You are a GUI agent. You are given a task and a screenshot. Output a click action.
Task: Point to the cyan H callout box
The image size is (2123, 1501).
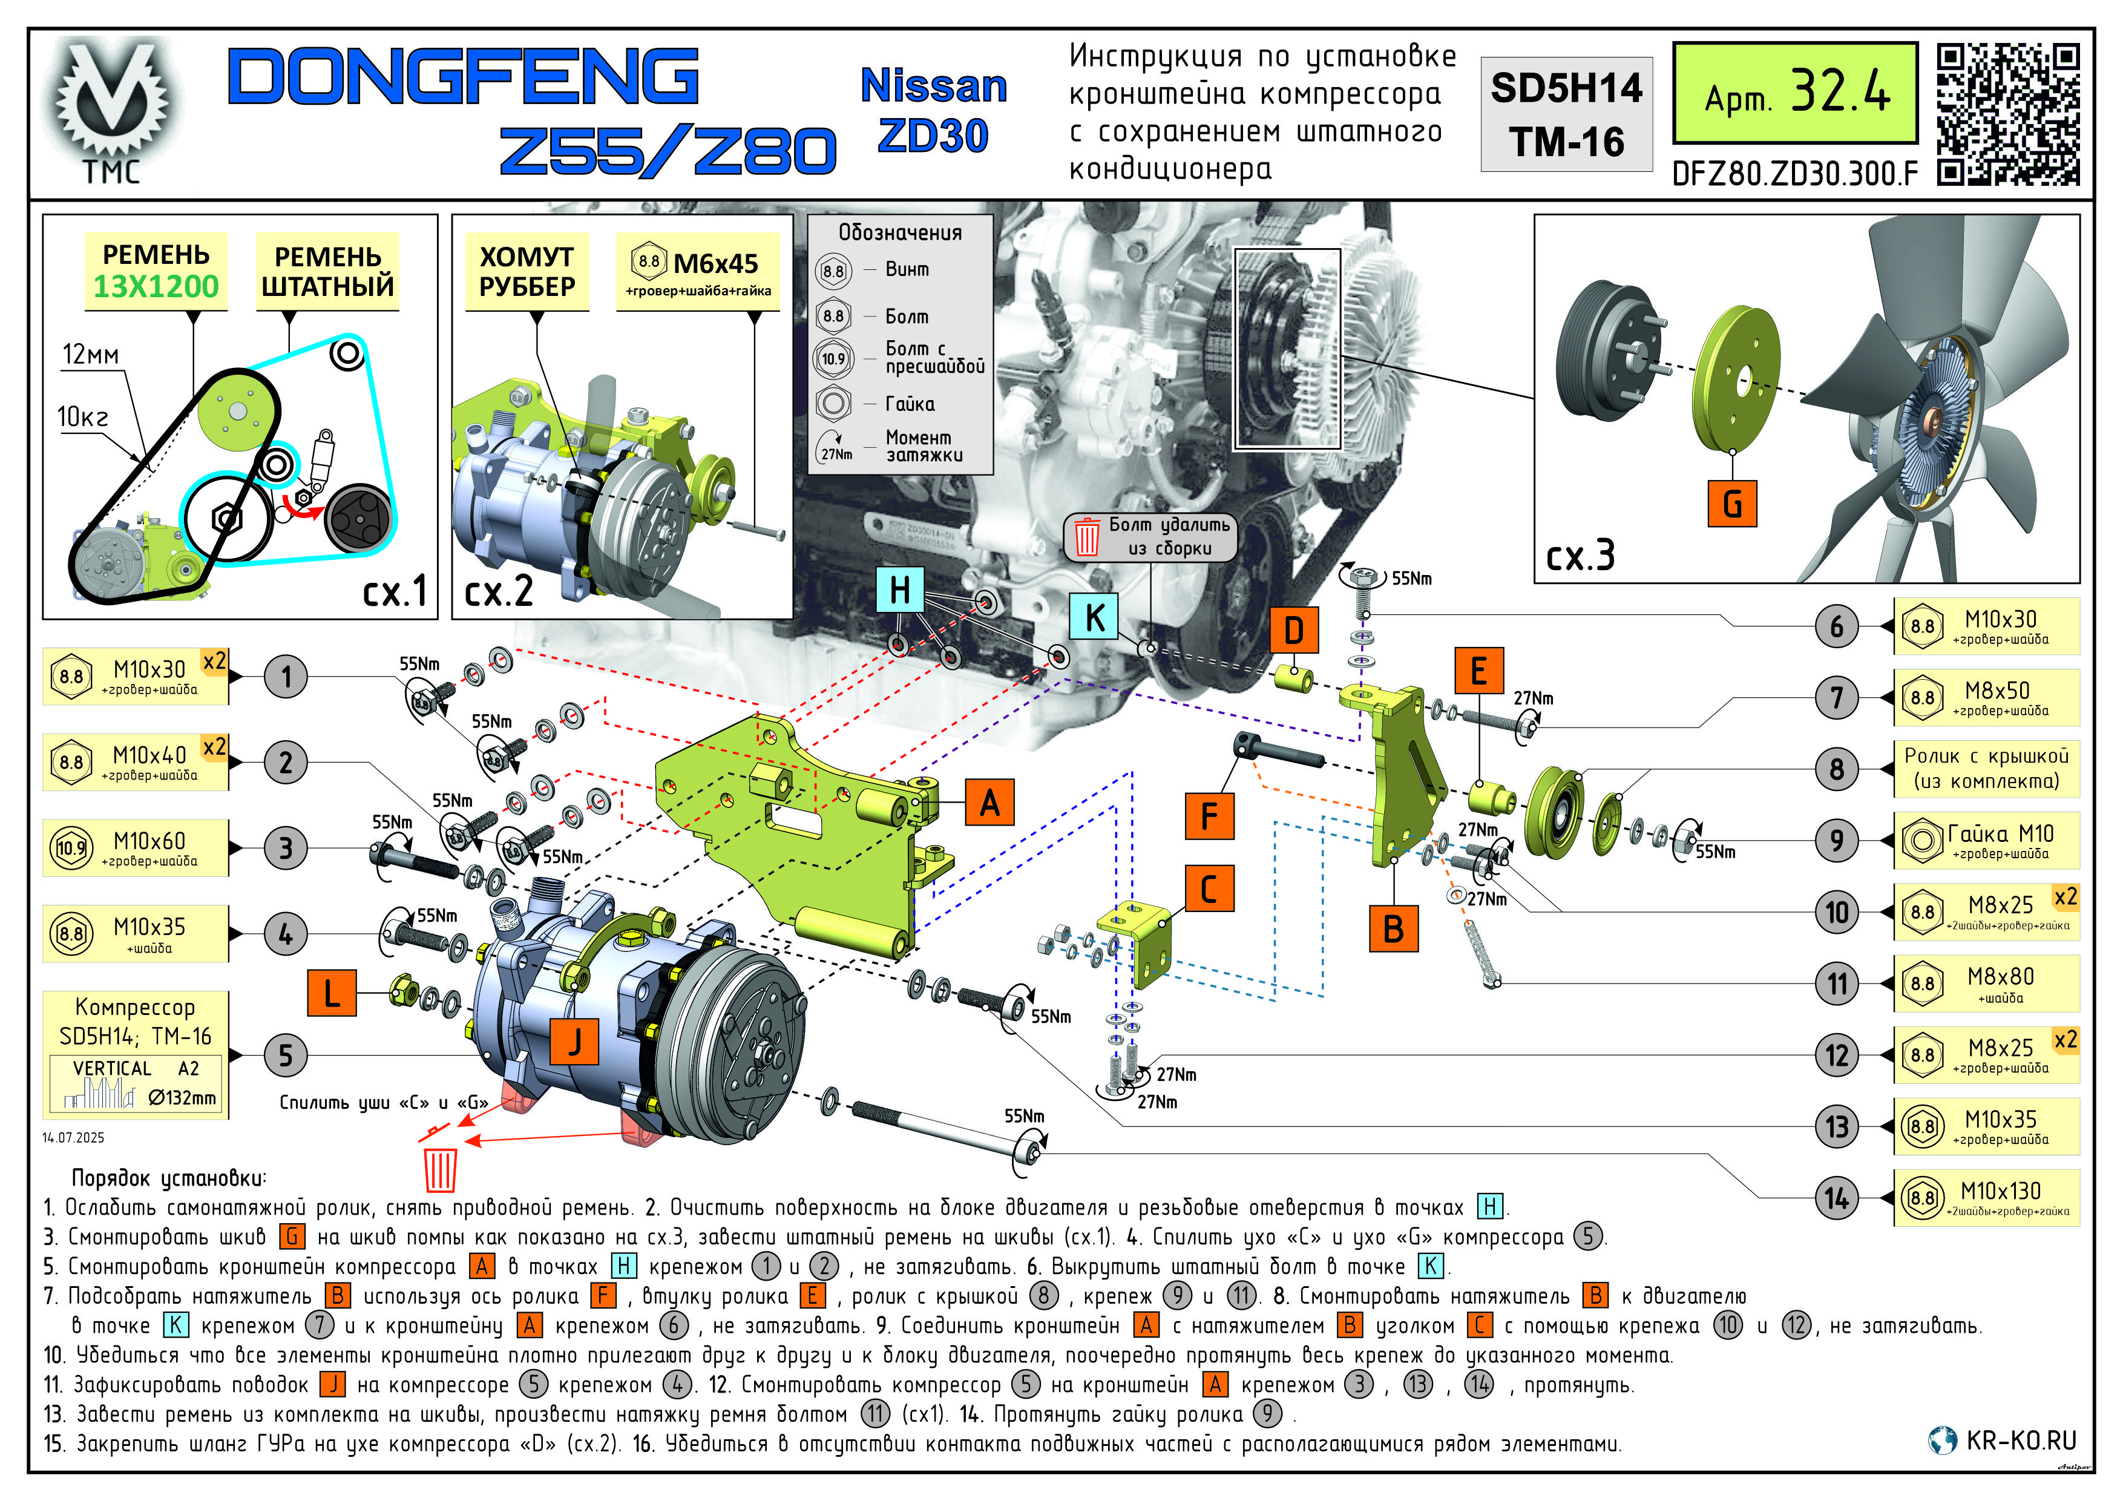click(x=900, y=589)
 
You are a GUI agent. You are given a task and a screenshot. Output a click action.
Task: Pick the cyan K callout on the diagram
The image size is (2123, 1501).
click(x=1094, y=616)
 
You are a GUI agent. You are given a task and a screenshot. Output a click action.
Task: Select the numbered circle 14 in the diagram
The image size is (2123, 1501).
click(x=1836, y=1198)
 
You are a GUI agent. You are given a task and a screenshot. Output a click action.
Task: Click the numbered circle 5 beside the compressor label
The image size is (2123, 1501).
click(x=286, y=1055)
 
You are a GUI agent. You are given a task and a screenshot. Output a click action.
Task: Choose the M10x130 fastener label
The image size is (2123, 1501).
click(x=1986, y=1198)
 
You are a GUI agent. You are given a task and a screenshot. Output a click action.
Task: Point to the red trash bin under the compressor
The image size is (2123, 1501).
click(x=440, y=1167)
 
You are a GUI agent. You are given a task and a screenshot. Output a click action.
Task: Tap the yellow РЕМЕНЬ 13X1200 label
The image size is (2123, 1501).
click(x=156, y=271)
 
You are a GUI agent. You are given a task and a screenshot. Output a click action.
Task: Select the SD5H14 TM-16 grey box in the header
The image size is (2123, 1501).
click(x=1566, y=114)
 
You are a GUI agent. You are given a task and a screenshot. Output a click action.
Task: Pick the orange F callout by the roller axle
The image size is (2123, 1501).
click(x=1209, y=816)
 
